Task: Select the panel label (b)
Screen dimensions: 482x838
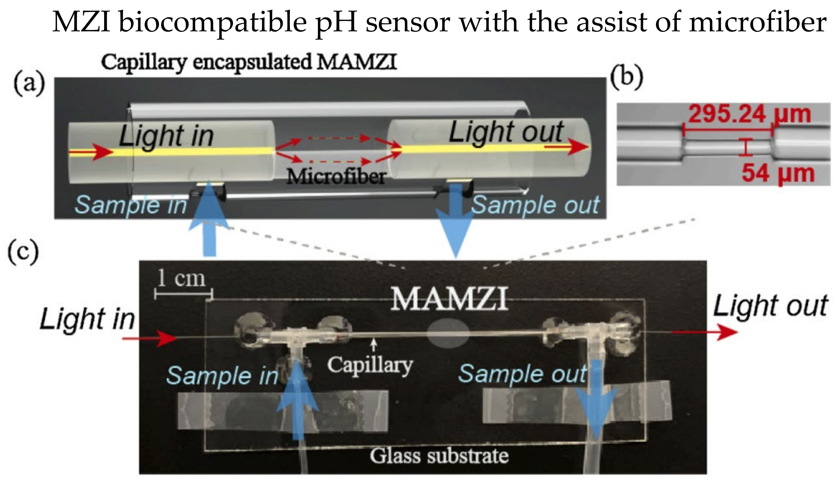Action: click(x=627, y=78)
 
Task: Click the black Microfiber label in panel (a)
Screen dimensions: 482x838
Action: click(x=336, y=177)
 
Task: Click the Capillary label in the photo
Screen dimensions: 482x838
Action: click(x=370, y=365)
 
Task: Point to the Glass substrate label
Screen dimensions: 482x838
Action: click(x=439, y=456)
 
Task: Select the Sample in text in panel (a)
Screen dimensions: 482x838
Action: click(x=131, y=205)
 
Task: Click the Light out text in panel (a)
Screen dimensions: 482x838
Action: click(x=506, y=132)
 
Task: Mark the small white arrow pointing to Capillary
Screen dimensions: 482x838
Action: click(x=374, y=345)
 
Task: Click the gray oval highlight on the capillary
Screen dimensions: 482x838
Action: click(x=448, y=333)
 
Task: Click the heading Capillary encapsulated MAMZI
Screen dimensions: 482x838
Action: click(x=249, y=62)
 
